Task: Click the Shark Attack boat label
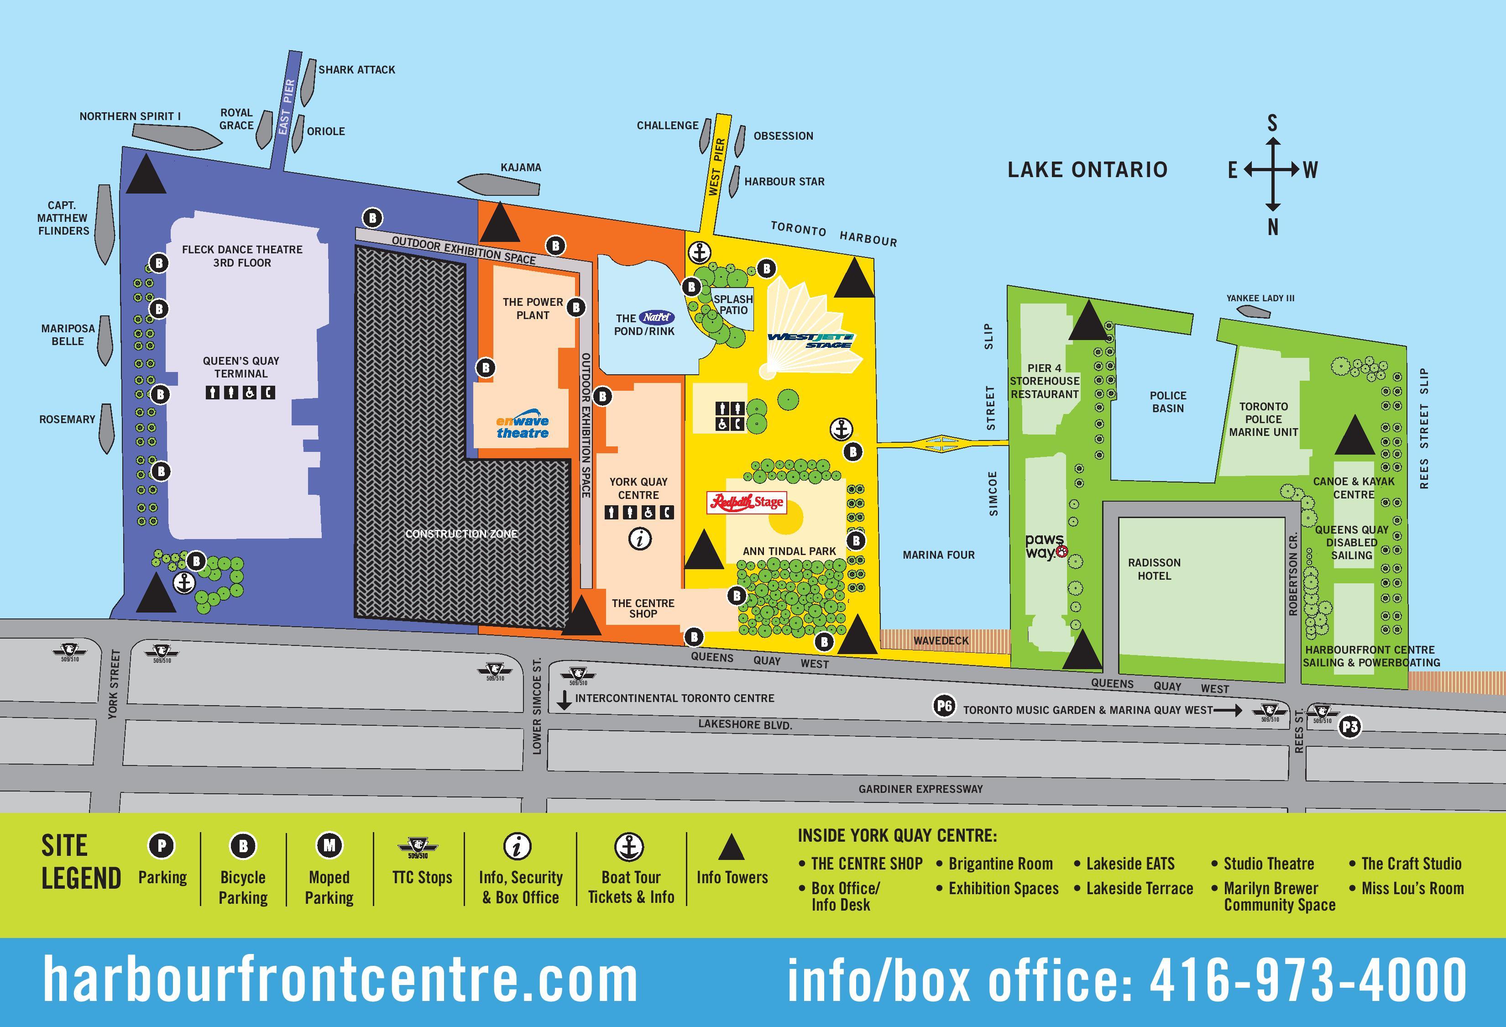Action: [356, 69]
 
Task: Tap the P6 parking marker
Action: [943, 706]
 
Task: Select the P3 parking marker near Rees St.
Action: [1350, 727]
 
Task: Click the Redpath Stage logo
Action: [747, 502]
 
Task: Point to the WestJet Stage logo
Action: [811, 340]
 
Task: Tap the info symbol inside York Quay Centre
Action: [640, 539]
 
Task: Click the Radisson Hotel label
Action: [1154, 569]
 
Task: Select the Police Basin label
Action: [1168, 402]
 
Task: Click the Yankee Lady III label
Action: [1260, 298]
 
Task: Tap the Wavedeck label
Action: [941, 641]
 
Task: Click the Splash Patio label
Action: [733, 304]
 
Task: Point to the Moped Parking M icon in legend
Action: [329, 846]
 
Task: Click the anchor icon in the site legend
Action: [628, 846]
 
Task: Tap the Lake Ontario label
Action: [1088, 170]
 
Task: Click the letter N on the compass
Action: [1273, 227]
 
